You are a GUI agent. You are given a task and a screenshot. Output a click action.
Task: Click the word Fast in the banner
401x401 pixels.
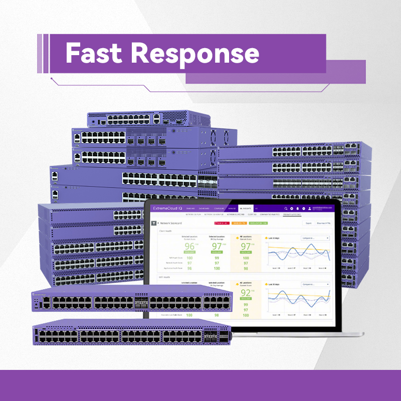pos(93,53)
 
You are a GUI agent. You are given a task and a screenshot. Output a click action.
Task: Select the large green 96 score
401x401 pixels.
pos(189,247)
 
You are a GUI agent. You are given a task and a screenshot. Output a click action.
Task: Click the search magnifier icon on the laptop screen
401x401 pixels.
pos(286,208)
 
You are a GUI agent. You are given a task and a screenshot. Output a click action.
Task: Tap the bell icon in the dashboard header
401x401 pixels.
pos(298,208)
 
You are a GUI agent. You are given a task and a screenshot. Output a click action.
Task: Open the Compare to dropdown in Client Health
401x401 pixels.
pos(315,238)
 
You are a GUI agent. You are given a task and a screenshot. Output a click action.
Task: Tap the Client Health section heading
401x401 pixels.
pos(165,231)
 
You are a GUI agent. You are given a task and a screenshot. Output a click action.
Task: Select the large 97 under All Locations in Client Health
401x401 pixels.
pos(246,247)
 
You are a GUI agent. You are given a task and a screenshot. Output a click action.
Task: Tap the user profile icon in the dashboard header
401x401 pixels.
pos(310,208)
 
